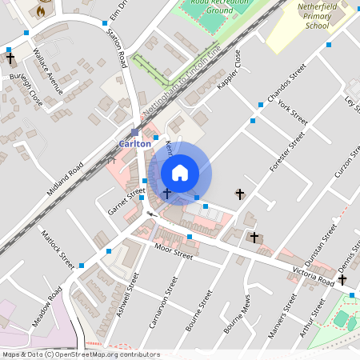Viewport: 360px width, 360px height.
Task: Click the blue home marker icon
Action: point(180,173)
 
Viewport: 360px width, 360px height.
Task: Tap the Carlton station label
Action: point(134,144)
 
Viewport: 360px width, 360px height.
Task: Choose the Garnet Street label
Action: point(126,201)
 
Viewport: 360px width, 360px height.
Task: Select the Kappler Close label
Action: point(227,70)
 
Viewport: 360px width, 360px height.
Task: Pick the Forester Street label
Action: point(287,153)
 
